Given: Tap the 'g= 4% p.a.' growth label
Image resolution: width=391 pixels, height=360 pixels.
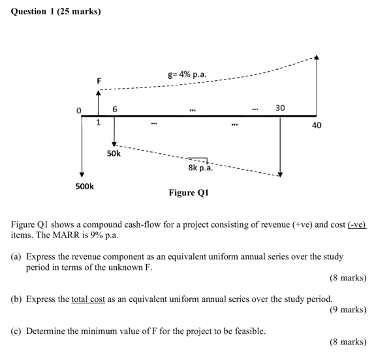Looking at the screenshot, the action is (187, 74).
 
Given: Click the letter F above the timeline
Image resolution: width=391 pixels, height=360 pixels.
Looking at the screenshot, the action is (99, 80).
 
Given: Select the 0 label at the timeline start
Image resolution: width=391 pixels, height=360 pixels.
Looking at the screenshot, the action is (80, 112).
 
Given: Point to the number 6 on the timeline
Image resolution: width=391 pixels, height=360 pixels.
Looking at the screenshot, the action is (115, 109).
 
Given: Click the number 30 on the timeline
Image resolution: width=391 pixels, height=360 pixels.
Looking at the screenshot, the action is (280, 108).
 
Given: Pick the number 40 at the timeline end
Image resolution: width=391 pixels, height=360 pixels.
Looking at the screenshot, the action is (317, 125).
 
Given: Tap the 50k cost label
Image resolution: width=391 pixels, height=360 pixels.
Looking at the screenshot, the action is (114, 153).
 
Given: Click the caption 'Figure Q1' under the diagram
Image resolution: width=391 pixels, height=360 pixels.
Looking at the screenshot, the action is (188, 192).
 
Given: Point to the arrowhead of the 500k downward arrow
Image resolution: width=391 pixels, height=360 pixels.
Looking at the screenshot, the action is (82, 174).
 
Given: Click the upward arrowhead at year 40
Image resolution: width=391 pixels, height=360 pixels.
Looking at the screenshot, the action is (317, 57).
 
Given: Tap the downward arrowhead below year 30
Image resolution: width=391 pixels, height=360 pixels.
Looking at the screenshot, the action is (280, 174).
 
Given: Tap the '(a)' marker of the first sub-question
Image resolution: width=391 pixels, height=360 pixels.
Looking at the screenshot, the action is (17, 257).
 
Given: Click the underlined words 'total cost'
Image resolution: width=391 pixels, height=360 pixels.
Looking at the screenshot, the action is (88, 299).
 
